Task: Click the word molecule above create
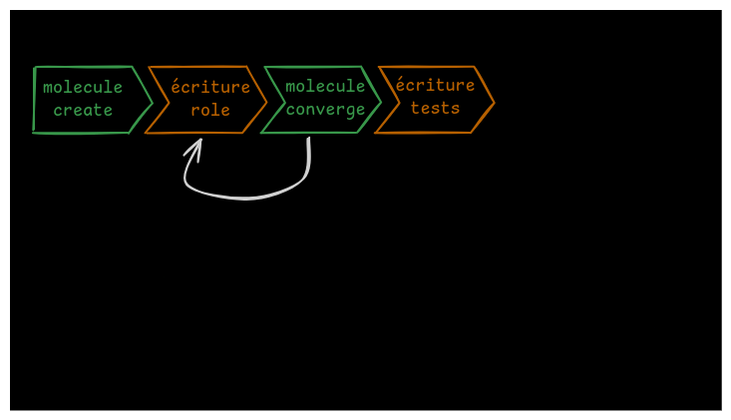click(83, 88)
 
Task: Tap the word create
click(83, 111)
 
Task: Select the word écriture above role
click(210, 88)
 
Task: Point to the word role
click(210, 111)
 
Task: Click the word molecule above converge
click(325, 87)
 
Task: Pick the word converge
click(325, 110)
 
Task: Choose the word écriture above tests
click(436, 86)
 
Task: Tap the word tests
click(436, 109)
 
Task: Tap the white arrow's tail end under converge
click(309, 141)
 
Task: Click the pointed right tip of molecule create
click(151, 101)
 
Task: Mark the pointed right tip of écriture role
click(266, 101)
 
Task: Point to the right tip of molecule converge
click(380, 101)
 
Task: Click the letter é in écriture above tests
click(401, 85)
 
